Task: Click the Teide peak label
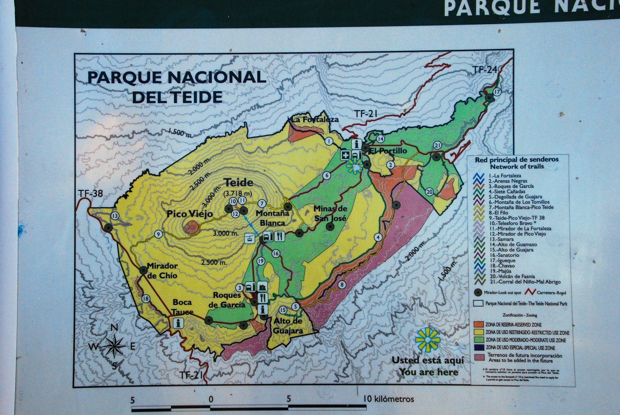click(x=238, y=183)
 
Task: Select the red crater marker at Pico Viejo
click(x=192, y=227)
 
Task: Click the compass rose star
click(x=114, y=346)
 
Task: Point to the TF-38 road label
click(x=90, y=194)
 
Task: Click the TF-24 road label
click(x=485, y=70)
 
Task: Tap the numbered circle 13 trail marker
click(x=115, y=216)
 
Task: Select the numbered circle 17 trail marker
click(x=497, y=92)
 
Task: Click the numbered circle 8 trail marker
click(x=342, y=285)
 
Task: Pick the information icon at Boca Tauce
click(x=178, y=323)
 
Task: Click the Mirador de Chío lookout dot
click(x=143, y=270)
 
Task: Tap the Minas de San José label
click(x=330, y=213)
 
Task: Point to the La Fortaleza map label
click(x=315, y=120)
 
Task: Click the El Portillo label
click(x=388, y=151)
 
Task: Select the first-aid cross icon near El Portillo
click(x=345, y=155)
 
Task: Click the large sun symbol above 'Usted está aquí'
click(x=428, y=339)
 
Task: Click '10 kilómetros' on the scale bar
click(x=389, y=399)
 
